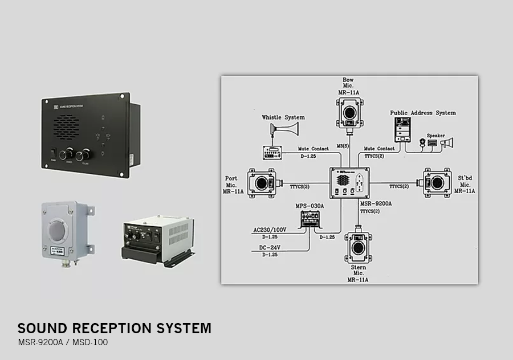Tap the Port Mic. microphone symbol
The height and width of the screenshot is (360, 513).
pyautogui.click(x=262, y=182)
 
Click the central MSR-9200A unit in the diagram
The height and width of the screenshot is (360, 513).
pyautogui.click(x=349, y=183)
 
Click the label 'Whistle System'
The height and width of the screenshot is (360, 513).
pyautogui.click(x=283, y=117)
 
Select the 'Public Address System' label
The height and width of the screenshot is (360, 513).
pyautogui.click(x=423, y=113)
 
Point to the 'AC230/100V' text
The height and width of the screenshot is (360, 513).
pyautogui.click(x=270, y=231)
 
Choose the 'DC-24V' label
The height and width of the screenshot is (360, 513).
pyautogui.click(x=270, y=248)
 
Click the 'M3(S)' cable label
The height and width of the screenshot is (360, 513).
pyautogui.click(x=343, y=146)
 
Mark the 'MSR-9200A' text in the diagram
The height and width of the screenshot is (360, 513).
pyautogui.click(x=374, y=203)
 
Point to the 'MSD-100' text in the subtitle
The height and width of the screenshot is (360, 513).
pyautogui.click(x=90, y=342)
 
